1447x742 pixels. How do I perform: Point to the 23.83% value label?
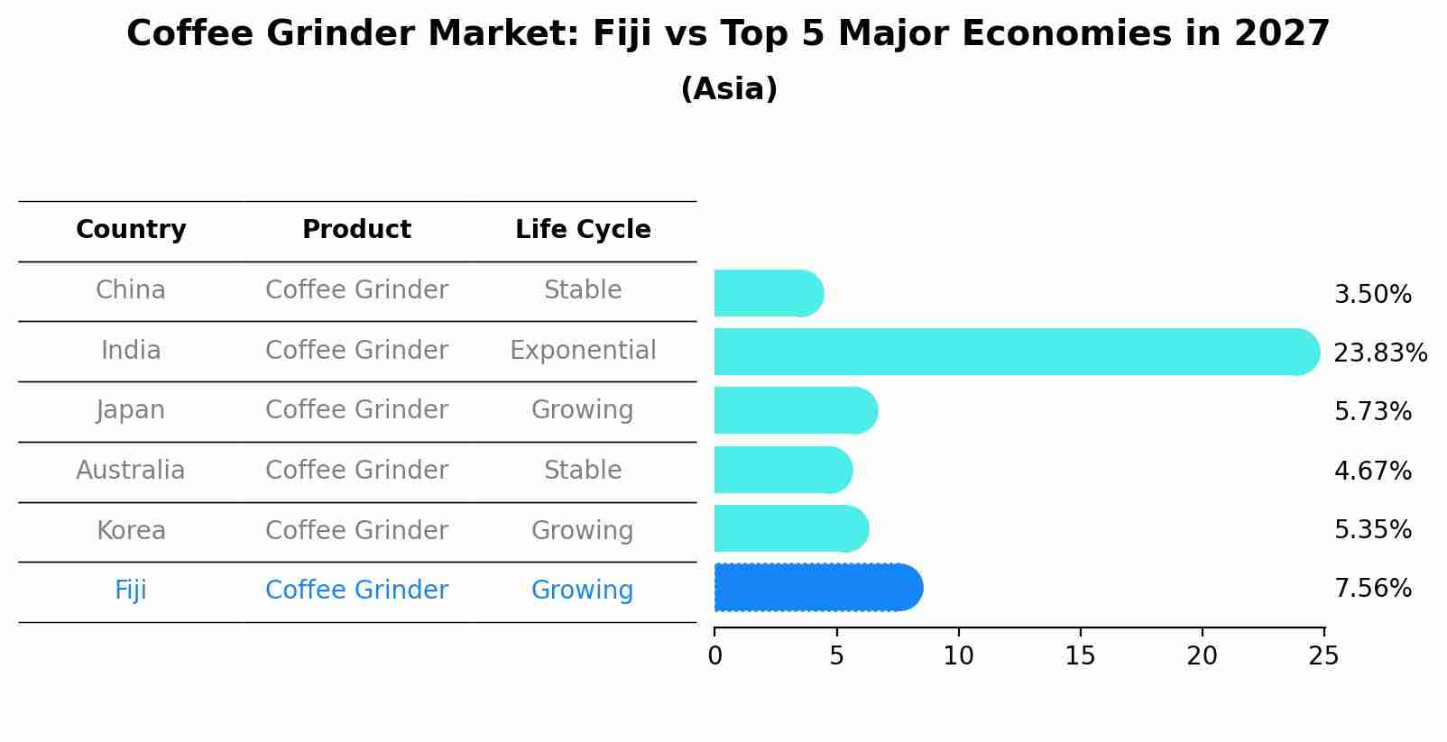[1379, 353]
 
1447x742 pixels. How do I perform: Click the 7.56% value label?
[1372, 589]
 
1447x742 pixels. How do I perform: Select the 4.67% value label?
[1372, 471]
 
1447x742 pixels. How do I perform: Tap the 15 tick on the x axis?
[1080, 656]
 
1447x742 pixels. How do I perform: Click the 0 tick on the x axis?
[715, 656]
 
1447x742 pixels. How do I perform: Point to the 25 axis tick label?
[1323, 656]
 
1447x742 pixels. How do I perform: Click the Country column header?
[131, 230]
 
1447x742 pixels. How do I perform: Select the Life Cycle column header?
[583, 230]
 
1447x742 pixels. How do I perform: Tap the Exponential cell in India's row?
[583, 351]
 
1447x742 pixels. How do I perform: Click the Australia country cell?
[131, 471]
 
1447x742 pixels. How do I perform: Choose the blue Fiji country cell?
[131, 591]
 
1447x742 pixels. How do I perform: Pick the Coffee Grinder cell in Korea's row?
[356, 531]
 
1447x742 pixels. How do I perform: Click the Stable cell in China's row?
[583, 290]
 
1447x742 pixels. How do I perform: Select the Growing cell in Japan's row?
[583, 410]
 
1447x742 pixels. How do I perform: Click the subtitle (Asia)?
[729, 89]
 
